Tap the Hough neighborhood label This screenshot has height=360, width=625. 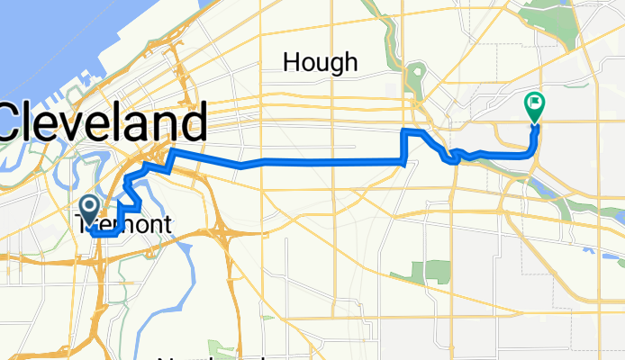(320, 62)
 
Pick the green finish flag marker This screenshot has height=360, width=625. (534, 105)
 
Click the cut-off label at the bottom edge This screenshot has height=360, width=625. (225, 355)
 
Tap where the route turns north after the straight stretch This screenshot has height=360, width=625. (404, 148)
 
